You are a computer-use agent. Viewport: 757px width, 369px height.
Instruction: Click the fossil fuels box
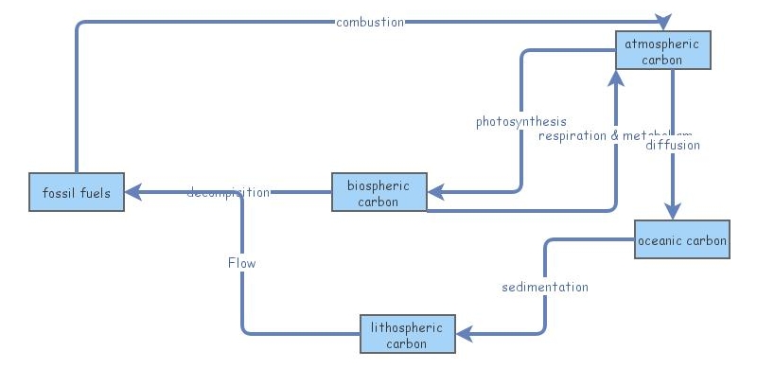(76, 193)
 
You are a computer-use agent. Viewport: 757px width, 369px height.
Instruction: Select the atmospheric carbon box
(662, 51)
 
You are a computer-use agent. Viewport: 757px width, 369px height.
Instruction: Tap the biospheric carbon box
(378, 193)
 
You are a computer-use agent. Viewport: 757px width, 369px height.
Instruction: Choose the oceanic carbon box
(682, 240)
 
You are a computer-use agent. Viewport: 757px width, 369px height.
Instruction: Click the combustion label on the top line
(370, 22)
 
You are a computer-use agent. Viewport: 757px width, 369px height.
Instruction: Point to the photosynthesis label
(521, 121)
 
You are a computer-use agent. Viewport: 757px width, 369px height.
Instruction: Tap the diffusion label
(673, 146)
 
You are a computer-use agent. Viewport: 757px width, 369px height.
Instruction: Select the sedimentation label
(545, 287)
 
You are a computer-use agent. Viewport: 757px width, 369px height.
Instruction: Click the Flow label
(242, 263)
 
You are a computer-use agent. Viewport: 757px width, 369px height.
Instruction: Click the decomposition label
(228, 193)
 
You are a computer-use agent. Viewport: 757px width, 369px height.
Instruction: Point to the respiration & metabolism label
(615, 135)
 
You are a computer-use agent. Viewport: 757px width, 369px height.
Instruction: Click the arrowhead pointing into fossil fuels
(134, 193)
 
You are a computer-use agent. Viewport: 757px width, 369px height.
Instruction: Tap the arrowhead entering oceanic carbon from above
(673, 212)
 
